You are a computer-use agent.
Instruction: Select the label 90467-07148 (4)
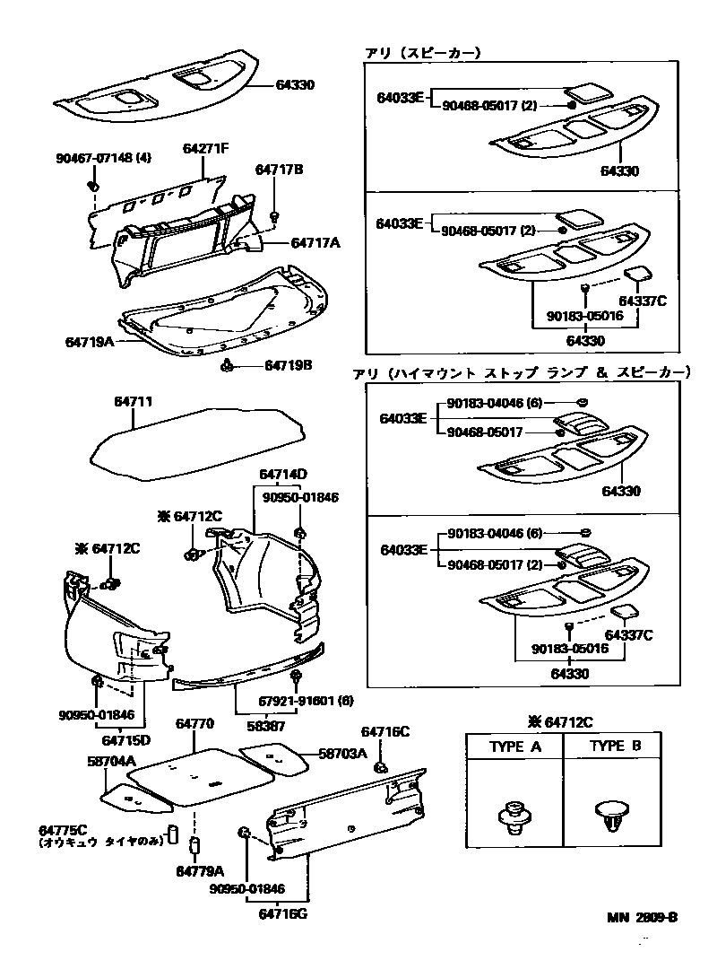(103, 158)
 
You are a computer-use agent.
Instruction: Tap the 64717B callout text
(280, 169)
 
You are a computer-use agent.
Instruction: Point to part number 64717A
(315, 242)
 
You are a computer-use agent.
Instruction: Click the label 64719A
(90, 342)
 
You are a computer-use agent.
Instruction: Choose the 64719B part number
(289, 365)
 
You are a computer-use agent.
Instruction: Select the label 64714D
(284, 474)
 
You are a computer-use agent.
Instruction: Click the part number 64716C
(384, 732)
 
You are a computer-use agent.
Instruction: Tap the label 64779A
(199, 871)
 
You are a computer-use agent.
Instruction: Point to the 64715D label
(125, 740)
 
